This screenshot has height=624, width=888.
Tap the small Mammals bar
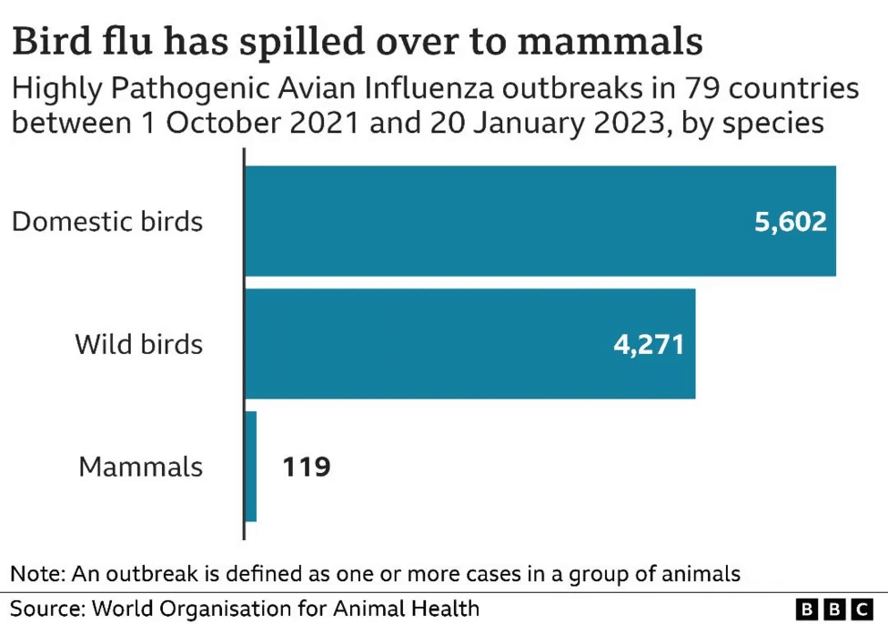(x=251, y=467)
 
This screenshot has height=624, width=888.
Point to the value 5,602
(x=790, y=222)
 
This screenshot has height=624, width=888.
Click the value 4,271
(x=648, y=345)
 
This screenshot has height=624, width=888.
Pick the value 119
(x=306, y=468)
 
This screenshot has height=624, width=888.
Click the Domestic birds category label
(x=107, y=221)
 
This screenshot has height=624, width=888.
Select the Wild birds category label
(x=138, y=344)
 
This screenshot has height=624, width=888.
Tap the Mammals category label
(x=140, y=467)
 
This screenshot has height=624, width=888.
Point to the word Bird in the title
(x=46, y=42)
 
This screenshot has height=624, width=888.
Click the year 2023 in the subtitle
(x=629, y=123)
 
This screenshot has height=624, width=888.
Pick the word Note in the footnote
(x=34, y=574)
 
